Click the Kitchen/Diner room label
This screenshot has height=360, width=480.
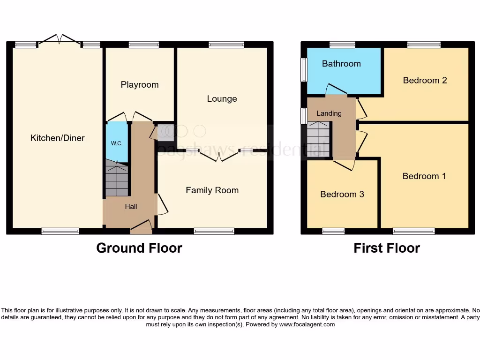point(57,138)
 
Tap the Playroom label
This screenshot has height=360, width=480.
point(140,85)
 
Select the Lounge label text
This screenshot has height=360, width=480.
point(222,99)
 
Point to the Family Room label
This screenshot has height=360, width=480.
point(212,190)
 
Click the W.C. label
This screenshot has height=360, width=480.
point(117,143)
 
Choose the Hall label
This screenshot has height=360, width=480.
point(131,207)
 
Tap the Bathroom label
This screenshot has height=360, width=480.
point(341,64)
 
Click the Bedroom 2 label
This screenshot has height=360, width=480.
point(425,80)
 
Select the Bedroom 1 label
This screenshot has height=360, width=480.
point(424,176)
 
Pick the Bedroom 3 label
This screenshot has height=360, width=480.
point(342,195)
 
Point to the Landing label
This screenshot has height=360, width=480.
point(329,113)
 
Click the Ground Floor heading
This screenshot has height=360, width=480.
point(139,248)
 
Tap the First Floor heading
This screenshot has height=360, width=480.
point(387,248)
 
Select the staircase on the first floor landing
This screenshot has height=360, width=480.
point(319,139)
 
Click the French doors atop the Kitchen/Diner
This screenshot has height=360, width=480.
point(59,40)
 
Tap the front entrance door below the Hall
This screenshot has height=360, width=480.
point(141,227)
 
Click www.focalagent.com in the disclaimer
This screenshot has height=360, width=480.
point(307,324)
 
